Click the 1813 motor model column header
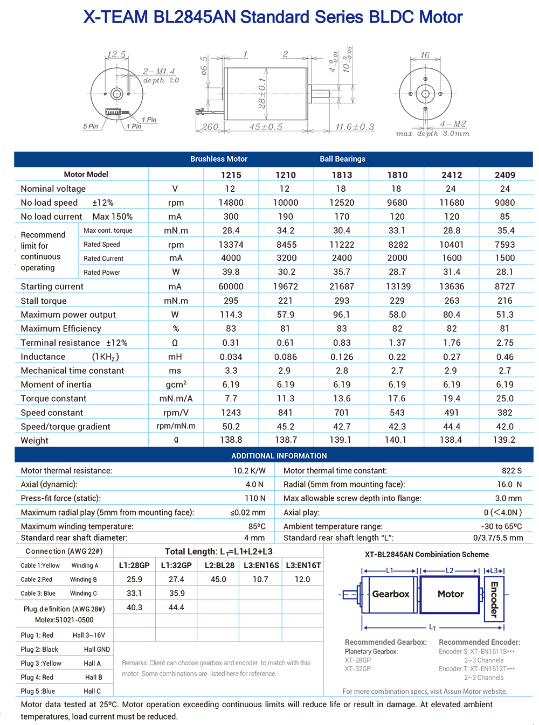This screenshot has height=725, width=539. pyautogui.click(x=342, y=175)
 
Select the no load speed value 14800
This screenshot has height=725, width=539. pyautogui.click(x=231, y=203)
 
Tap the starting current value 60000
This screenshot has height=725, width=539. pyautogui.click(x=231, y=287)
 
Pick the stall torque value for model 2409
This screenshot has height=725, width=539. pyautogui.click(x=505, y=301)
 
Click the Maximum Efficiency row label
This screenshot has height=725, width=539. pyautogui.click(x=61, y=329)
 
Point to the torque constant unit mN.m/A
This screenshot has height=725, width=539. pyautogui.click(x=176, y=399)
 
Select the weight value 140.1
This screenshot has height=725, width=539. pyautogui.click(x=396, y=440)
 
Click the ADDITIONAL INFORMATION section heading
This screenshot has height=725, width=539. pyautogui.click(x=279, y=456)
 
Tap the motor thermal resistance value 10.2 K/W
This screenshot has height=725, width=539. pyautogui.click(x=249, y=471)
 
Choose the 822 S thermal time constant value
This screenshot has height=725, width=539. pyautogui.click(x=512, y=471)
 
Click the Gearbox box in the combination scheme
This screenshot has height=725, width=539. pyautogui.click(x=390, y=594)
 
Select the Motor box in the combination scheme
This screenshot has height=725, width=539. pyautogui.click(x=450, y=594)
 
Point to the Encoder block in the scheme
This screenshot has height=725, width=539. pyautogui.click(x=494, y=598)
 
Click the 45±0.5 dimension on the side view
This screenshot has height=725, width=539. pyautogui.click(x=265, y=127)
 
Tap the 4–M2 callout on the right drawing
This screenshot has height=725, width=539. pyautogui.click(x=453, y=124)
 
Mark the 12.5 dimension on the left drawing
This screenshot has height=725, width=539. pyautogui.click(x=116, y=55)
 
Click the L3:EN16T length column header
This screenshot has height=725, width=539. pyautogui.click(x=303, y=565)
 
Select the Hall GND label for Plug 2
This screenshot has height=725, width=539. pyautogui.click(x=96, y=650)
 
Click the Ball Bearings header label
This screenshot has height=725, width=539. pyautogui.click(x=342, y=159)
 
